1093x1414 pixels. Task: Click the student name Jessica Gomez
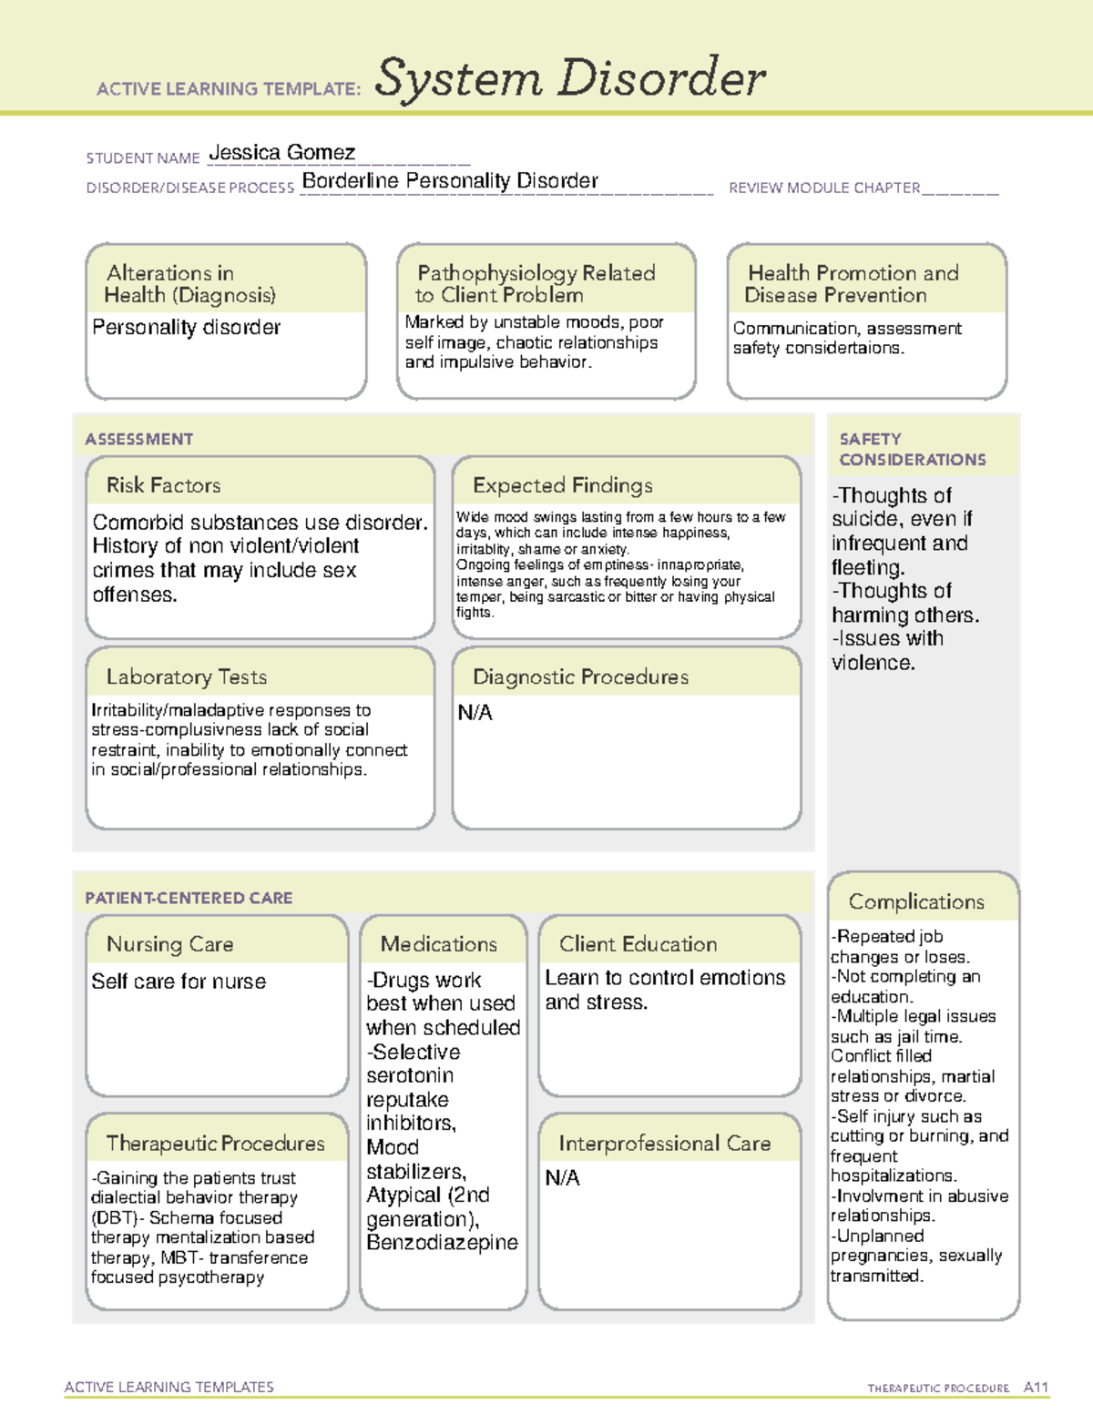pos(281,153)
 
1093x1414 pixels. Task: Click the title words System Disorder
pos(570,78)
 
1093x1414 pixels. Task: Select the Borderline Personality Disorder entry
pos(450,181)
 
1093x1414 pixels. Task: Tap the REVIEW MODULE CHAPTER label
pos(824,188)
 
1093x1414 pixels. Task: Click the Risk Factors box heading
pos(164,485)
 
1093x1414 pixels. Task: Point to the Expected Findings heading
pos(562,485)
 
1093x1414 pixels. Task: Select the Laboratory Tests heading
pos(187,676)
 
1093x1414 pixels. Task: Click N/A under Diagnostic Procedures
pos(475,713)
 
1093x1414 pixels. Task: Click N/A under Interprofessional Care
pos(562,1178)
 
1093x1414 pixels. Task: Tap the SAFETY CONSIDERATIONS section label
pos(912,450)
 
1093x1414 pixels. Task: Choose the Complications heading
pos(916,901)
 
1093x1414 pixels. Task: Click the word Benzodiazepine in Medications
pos(442,1243)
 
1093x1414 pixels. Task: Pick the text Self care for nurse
pos(179,982)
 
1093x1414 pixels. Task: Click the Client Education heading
pos(638,944)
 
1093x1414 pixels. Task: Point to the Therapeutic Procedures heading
pos(215,1143)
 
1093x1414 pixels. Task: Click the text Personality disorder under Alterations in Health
pos(187,328)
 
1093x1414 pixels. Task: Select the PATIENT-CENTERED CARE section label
pos(189,898)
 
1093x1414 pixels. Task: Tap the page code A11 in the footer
pos(1036,1388)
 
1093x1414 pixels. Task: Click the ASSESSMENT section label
pos(139,439)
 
